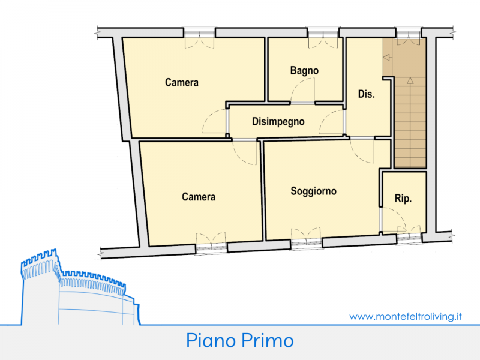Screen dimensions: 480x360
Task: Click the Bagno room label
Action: (x=304, y=71)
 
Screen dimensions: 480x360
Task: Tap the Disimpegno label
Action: (x=278, y=122)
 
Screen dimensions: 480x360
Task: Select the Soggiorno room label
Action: (x=313, y=191)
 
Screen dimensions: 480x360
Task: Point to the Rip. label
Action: (x=403, y=199)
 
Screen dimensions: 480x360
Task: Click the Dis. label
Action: (x=367, y=94)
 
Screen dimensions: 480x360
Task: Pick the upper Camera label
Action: (x=182, y=82)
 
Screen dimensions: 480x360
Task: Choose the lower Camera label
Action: (x=199, y=197)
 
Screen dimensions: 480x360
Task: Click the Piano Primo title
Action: (x=240, y=340)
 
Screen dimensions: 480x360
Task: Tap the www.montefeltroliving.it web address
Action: (x=406, y=316)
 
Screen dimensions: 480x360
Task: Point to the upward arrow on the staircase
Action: (x=410, y=80)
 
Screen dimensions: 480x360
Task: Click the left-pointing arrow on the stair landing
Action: (x=388, y=57)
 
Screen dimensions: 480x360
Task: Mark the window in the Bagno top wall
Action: (x=323, y=32)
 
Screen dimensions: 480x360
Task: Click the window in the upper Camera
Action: (x=200, y=32)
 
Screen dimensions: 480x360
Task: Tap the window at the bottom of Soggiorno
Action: (x=306, y=244)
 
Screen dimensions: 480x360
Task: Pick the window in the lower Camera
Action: (x=211, y=248)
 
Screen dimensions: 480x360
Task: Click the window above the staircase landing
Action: (x=409, y=32)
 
